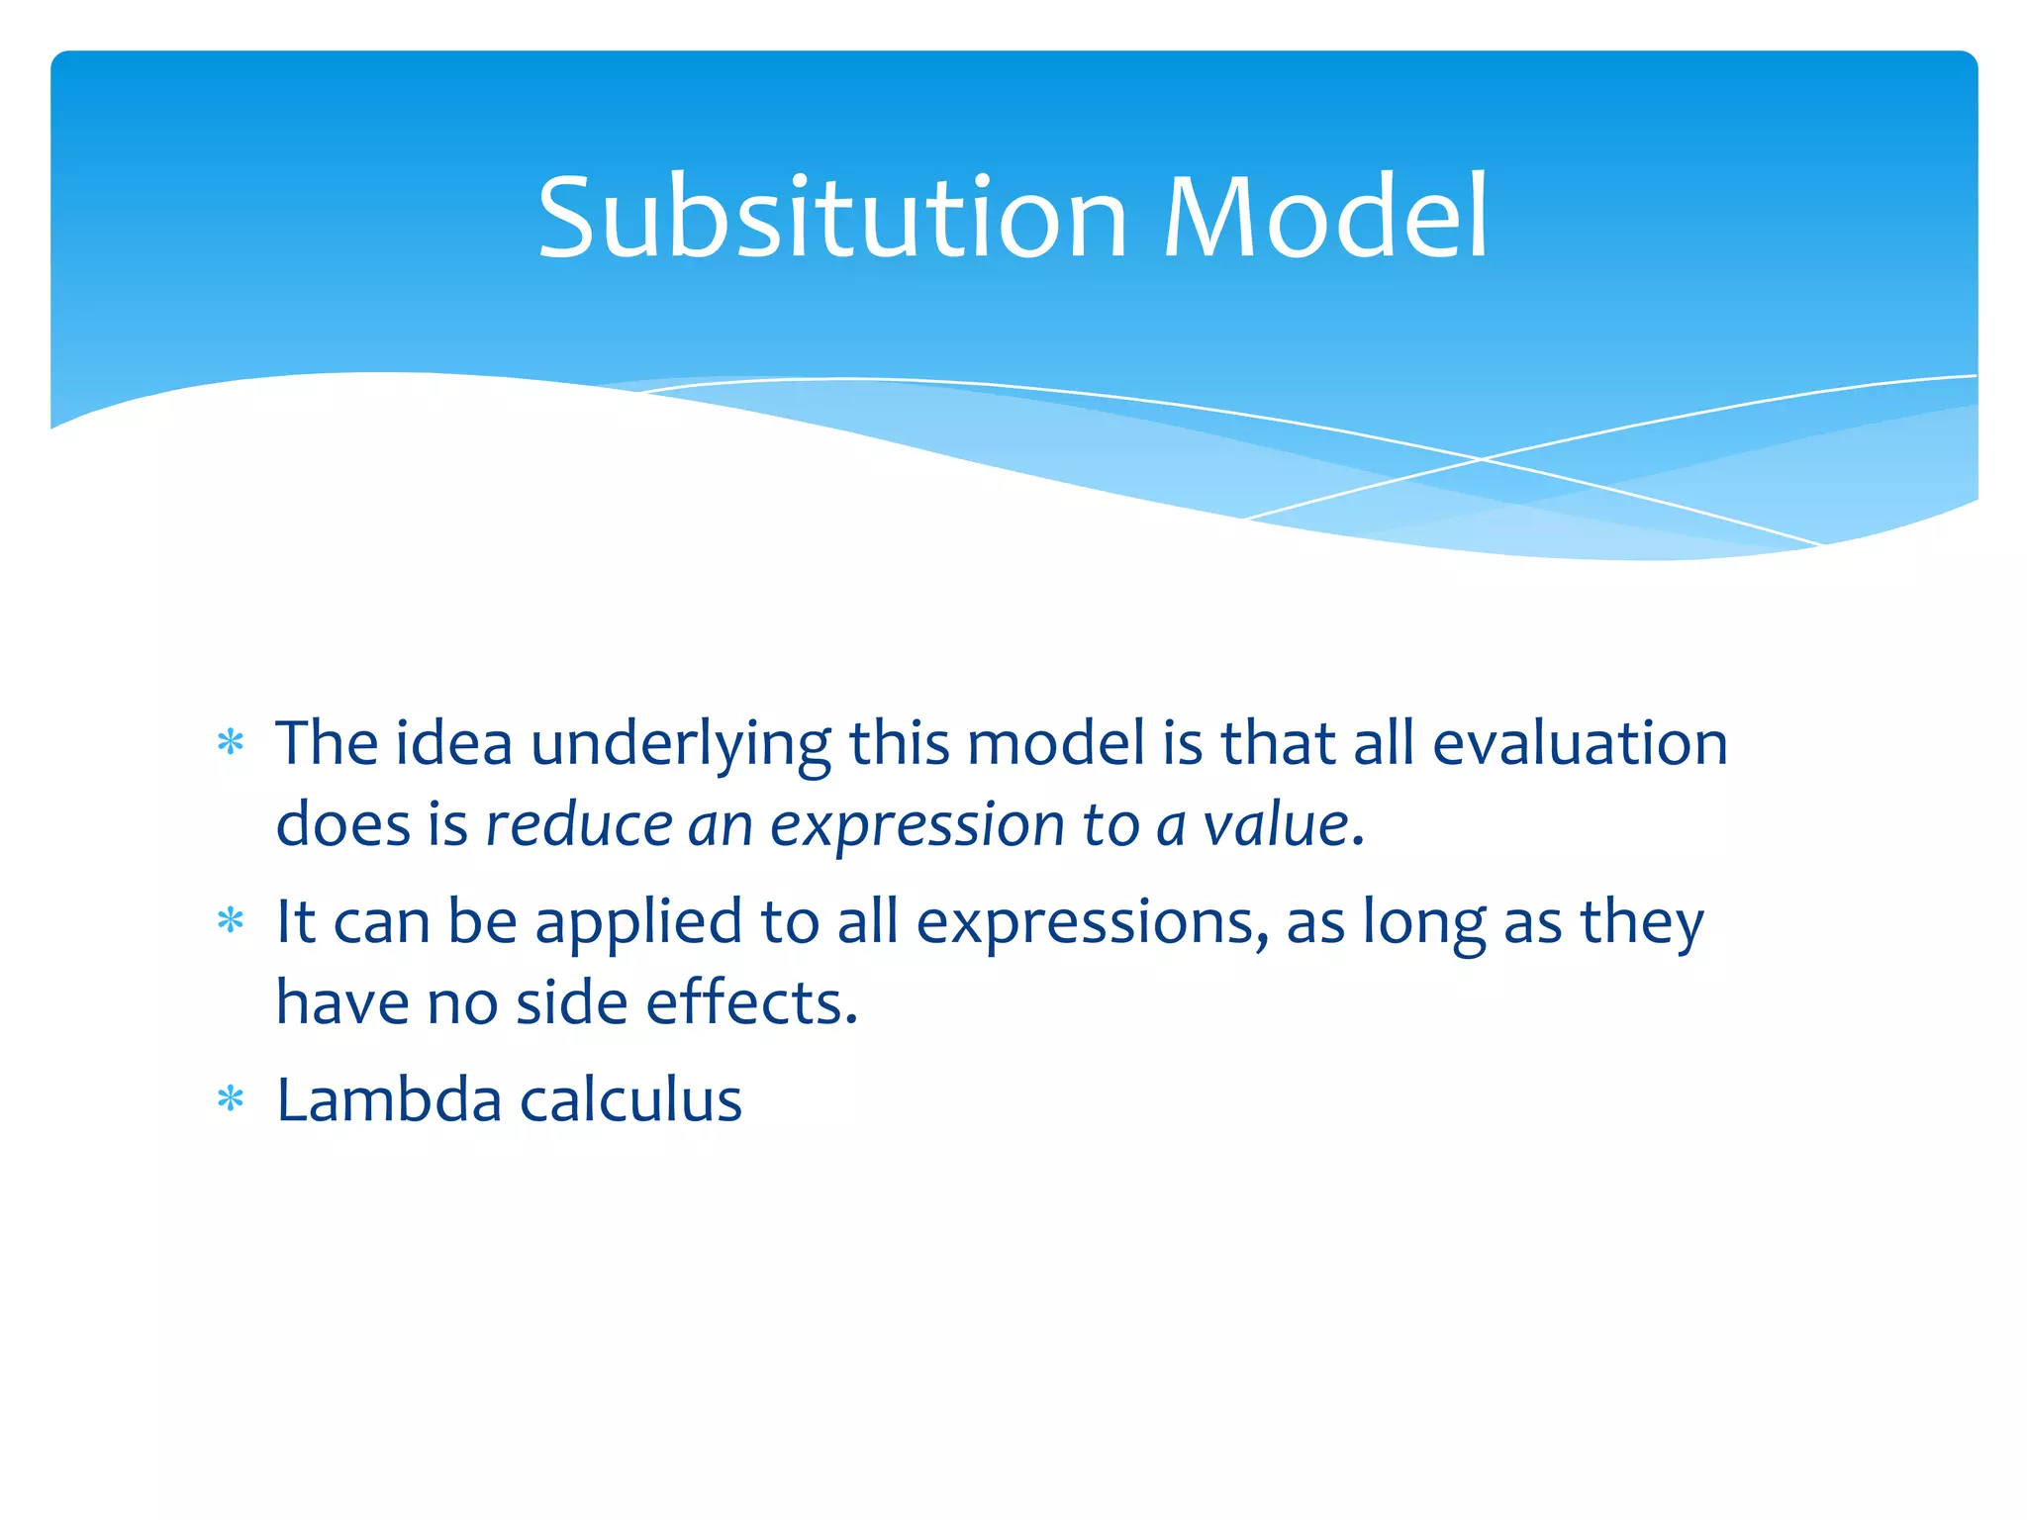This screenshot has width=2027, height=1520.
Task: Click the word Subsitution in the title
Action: (832, 218)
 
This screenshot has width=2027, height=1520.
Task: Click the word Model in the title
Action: (1325, 218)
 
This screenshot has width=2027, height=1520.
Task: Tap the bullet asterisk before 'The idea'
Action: (231, 742)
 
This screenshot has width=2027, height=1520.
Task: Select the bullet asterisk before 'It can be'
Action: (231, 921)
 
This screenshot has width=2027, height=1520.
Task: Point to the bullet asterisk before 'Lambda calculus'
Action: (231, 1099)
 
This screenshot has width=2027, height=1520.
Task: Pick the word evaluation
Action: (1580, 744)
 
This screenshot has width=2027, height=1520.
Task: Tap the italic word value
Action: (1276, 825)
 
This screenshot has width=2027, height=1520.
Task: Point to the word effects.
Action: (751, 1002)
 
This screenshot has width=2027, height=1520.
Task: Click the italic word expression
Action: (917, 825)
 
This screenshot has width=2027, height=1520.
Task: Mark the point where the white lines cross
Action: (1482, 459)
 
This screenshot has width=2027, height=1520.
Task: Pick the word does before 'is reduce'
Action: (342, 825)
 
